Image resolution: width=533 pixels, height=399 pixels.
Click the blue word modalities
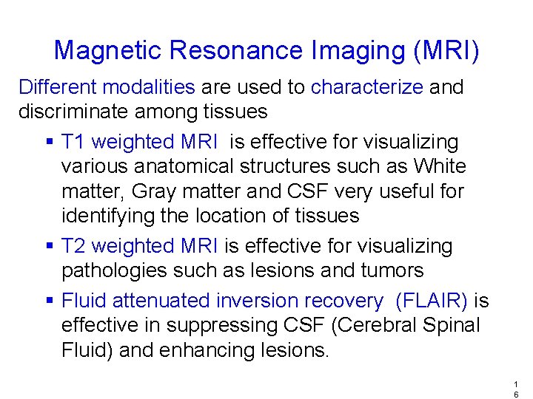tap(149, 87)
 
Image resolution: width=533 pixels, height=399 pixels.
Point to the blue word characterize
tap(367, 87)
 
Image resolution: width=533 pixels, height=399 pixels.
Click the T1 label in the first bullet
tap(73, 142)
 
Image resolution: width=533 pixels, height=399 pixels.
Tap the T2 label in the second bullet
tap(73, 245)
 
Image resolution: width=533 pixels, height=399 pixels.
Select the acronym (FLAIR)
tap(432, 301)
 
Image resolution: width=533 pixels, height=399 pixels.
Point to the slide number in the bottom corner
tap(515, 389)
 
